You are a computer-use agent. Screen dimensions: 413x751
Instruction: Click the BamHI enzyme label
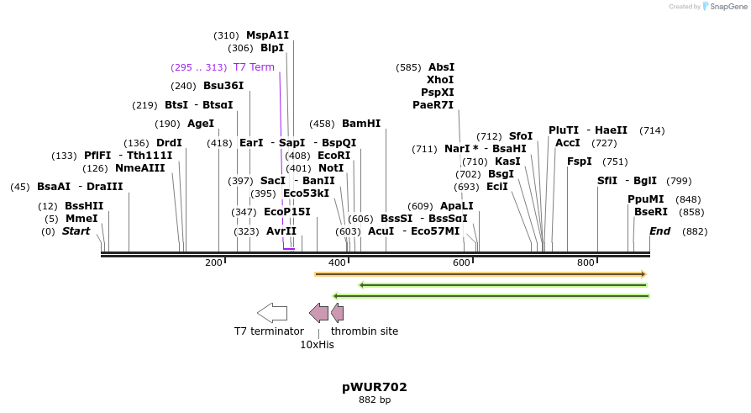coord(361,124)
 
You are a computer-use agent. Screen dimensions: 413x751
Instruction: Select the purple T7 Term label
coord(253,67)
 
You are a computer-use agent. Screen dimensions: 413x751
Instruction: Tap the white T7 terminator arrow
coord(272,313)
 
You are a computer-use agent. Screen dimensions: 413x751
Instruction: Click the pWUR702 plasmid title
coord(375,387)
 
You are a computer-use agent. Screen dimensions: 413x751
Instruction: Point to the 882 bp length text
coord(375,400)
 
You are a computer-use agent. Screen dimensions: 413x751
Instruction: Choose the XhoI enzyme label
coord(440,80)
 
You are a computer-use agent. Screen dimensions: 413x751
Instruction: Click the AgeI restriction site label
coord(201,124)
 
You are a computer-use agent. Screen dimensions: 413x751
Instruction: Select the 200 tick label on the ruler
coord(213,263)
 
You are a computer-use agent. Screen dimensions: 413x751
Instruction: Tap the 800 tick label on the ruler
coord(586,263)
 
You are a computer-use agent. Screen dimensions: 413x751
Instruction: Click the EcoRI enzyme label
coord(334,156)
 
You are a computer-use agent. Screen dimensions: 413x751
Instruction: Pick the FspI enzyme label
coord(580,161)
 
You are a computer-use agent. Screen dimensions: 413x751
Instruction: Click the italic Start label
coord(76,231)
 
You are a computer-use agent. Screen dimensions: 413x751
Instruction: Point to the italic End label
coord(660,231)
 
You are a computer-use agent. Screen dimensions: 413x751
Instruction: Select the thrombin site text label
coord(365,331)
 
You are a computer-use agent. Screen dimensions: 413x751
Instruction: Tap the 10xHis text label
coord(317,345)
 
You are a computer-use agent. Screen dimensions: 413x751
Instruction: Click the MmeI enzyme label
coord(81,219)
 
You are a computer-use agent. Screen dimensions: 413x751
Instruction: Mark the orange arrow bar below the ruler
coord(480,274)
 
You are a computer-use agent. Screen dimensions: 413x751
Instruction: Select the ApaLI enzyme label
coord(457,206)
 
